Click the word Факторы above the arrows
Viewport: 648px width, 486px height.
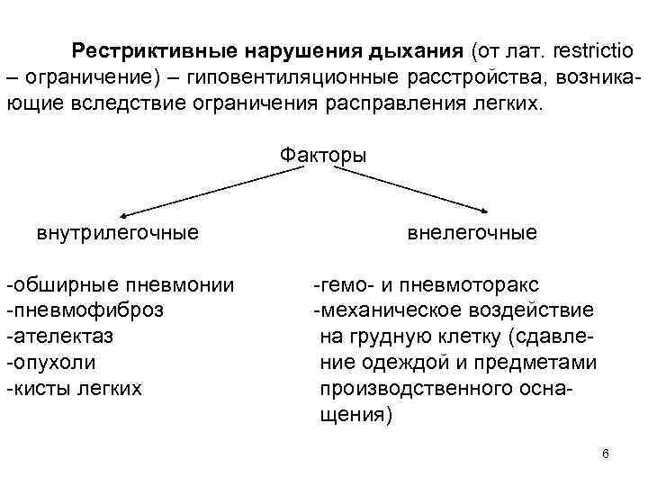(x=323, y=155)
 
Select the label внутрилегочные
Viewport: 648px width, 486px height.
(x=117, y=234)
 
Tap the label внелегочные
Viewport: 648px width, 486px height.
(x=472, y=233)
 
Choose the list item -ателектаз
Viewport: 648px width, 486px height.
(x=60, y=337)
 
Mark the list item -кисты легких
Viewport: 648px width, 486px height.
(x=74, y=389)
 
